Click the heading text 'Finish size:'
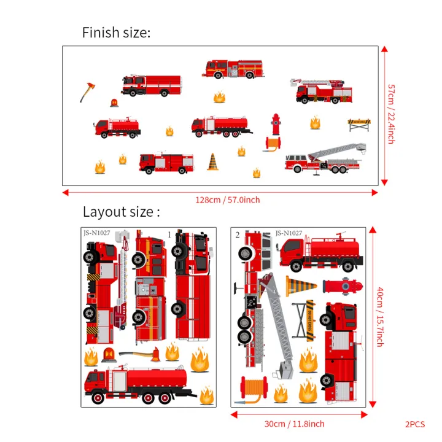(x=116, y=33)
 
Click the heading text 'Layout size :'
(x=121, y=212)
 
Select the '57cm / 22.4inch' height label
(x=390, y=115)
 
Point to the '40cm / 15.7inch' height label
(x=380, y=317)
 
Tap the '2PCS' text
(x=416, y=424)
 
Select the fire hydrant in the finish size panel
(x=276, y=125)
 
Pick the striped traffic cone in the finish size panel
(x=212, y=162)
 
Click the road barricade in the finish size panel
(x=359, y=125)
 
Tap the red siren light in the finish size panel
(x=114, y=103)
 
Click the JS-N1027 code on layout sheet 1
(x=96, y=233)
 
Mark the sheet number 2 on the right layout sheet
(x=238, y=235)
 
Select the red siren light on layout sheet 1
(x=109, y=354)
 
